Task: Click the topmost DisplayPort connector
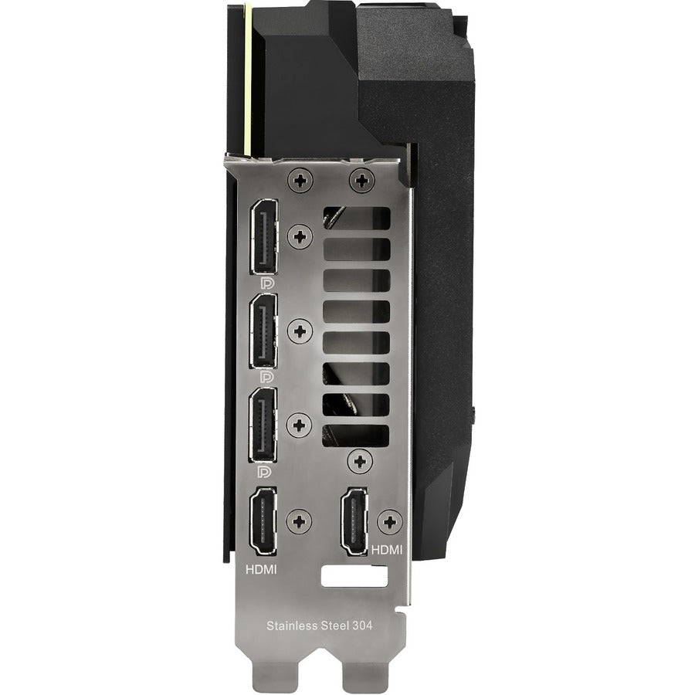[x=265, y=237]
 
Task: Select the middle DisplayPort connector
[x=264, y=331]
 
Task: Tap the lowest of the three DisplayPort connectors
[x=264, y=425]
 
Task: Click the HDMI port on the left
[x=263, y=521]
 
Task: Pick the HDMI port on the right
[x=355, y=521]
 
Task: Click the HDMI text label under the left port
[x=261, y=569]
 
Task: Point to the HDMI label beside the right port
[x=387, y=550]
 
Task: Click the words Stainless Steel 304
[x=319, y=625]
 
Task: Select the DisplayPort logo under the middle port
[x=266, y=377]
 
